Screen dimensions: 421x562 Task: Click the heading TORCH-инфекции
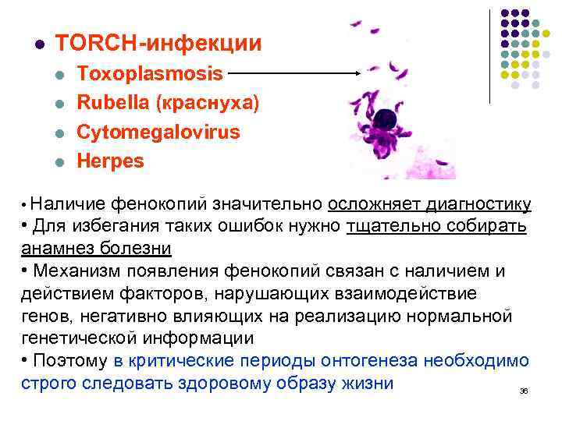coord(158,43)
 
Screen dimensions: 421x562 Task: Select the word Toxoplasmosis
coord(150,74)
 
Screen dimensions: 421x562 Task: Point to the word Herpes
coord(110,161)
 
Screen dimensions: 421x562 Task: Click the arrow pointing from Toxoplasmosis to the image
coord(297,74)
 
